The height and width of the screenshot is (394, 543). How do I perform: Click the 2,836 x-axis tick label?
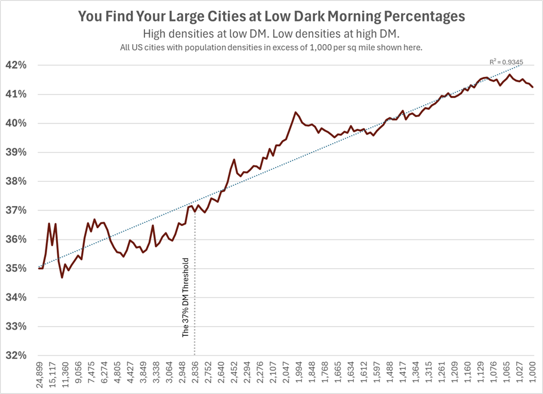pyautogui.click(x=198, y=376)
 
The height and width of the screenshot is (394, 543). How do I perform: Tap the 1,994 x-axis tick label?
pyautogui.click(x=297, y=376)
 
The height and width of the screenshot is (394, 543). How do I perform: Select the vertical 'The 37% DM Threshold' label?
pyautogui.click(x=186, y=298)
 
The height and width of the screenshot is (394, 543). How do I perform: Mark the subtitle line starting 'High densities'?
pyautogui.click(x=271, y=35)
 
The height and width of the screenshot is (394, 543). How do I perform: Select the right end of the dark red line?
pyautogui.click(x=533, y=87)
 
